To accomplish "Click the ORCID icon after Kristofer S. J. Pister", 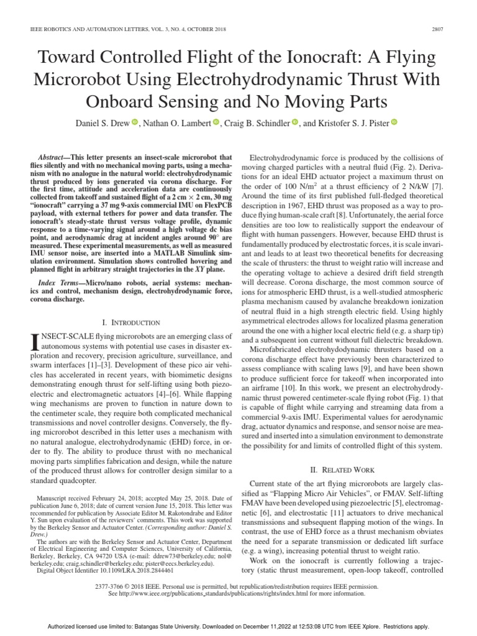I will tap(394, 122).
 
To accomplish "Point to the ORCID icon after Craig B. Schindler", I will tap(295, 122).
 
